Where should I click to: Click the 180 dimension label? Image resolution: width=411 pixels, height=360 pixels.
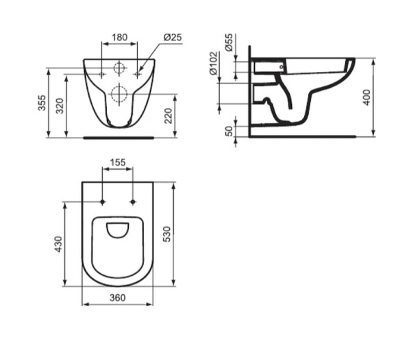pyautogui.click(x=119, y=36)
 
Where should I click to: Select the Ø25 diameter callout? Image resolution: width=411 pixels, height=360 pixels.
pyautogui.click(x=172, y=37)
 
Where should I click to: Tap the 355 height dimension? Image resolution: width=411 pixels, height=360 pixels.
pyautogui.click(x=42, y=103)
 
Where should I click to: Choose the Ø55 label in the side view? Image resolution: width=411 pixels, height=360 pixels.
pyautogui.click(x=229, y=44)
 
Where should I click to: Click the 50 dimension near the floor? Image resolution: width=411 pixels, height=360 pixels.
pyautogui.click(x=229, y=130)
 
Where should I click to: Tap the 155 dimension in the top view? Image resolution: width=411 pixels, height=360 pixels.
pyautogui.click(x=117, y=163)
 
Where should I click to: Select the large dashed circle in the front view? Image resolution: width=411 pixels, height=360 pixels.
pyautogui.click(x=119, y=94)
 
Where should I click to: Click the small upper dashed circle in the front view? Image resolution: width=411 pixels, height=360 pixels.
pyautogui.click(x=119, y=68)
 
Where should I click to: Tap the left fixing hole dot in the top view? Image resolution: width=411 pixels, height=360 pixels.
pyautogui.click(x=102, y=202)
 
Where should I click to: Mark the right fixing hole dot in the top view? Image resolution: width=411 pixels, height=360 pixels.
pyautogui.click(x=133, y=202)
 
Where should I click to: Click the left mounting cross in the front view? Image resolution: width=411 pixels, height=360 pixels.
pyautogui.click(x=102, y=73)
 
